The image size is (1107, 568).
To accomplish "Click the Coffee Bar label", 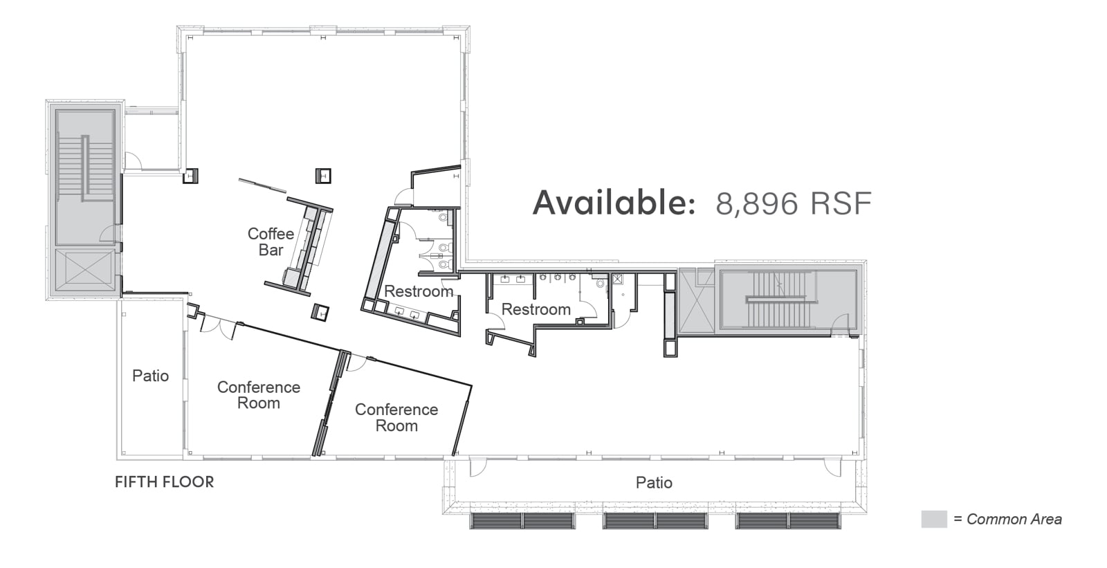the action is pyautogui.click(x=271, y=241).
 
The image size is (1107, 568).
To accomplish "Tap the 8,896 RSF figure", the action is pyautogui.click(x=794, y=203).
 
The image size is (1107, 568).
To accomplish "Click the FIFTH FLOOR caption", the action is pyautogui.click(x=165, y=482).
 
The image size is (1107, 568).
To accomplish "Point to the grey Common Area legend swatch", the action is pyautogui.click(x=934, y=519).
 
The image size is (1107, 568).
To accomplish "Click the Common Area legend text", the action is pyautogui.click(x=1007, y=519).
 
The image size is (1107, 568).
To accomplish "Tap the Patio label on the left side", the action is pyautogui.click(x=150, y=376).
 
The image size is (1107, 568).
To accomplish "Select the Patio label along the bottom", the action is pyautogui.click(x=654, y=482).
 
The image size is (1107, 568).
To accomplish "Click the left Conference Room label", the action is pyautogui.click(x=259, y=395).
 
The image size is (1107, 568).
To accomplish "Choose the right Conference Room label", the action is pyautogui.click(x=396, y=417).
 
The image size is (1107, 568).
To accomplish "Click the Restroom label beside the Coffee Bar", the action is pyautogui.click(x=419, y=291).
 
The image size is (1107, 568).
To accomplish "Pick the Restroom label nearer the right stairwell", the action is pyautogui.click(x=536, y=309).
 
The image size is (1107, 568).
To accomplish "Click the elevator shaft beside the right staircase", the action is pyautogui.click(x=697, y=302).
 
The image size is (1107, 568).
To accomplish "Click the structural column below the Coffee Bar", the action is pyautogui.click(x=320, y=313).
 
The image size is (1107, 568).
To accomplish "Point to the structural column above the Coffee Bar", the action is pyautogui.click(x=323, y=176).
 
